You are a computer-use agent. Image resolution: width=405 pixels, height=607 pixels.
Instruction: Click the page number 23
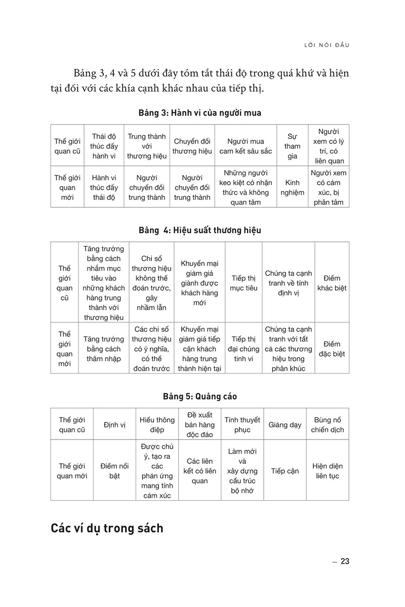point(345,561)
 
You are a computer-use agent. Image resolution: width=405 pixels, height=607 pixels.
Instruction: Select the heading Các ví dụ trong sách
point(107,529)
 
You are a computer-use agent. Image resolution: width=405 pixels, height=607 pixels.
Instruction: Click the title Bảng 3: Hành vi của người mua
point(199,113)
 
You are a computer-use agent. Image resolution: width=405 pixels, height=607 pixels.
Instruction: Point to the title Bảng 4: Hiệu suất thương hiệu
point(199,230)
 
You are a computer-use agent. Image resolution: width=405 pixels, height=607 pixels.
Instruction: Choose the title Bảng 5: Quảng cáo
point(199,397)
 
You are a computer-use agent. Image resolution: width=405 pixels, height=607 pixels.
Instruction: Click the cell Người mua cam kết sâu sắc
point(246,146)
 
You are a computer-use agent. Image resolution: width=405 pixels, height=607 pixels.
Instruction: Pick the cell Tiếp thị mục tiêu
point(243,283)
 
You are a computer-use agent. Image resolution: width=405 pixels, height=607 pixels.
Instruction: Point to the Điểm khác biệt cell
point(332,283)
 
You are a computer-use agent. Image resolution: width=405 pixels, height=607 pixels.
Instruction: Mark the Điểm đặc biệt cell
point(332,349)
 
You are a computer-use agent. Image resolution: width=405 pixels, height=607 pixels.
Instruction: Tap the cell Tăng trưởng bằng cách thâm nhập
point(103,349)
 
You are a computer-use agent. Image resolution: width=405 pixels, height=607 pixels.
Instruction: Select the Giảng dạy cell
point(285,425)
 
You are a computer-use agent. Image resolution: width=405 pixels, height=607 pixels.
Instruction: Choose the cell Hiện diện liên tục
point(327,471)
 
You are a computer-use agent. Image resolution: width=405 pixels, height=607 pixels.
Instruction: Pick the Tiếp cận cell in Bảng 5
point(285,471)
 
